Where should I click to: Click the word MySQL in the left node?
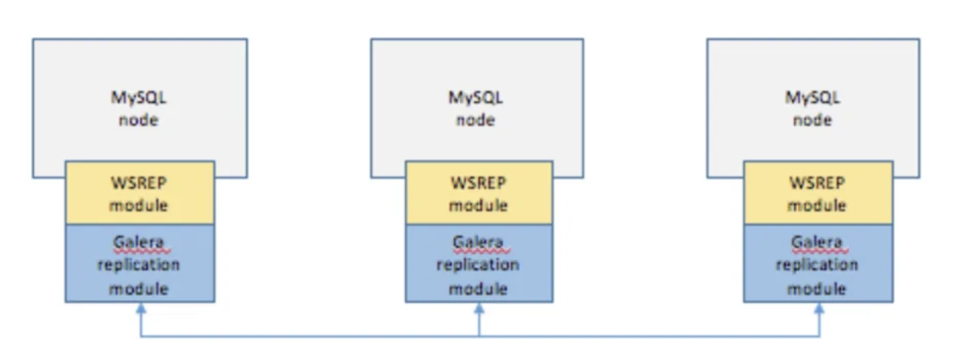[x=139, y=98]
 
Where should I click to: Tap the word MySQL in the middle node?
[x=476, y=98]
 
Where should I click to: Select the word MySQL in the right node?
[x=812, y=98]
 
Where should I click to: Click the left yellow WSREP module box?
[x=140, y=193]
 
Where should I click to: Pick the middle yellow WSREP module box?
[x=479, y=193]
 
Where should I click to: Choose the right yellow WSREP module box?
[x=818, y=193]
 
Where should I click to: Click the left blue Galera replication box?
[x=140, y=264]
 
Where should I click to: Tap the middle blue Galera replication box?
[x=479, y=264]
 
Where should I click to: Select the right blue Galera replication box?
[x=818, y=264]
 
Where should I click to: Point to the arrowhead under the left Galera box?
[x=141, y=308]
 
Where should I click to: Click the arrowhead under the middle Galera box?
[x=479, y=308]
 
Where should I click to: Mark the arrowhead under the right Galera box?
[x=819, y=308]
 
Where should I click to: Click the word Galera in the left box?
[x=139, y=242]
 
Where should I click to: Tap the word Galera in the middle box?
[x=478, y=242]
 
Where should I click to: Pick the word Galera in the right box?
[x=817, y=242]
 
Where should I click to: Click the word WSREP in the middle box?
[x=479, y=183]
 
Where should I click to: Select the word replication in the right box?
[x=817, y=265]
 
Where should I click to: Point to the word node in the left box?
[x=139, y=120]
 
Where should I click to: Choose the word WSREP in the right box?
[x=818, y=183]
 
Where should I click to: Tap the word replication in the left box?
[x=139, y=265]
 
